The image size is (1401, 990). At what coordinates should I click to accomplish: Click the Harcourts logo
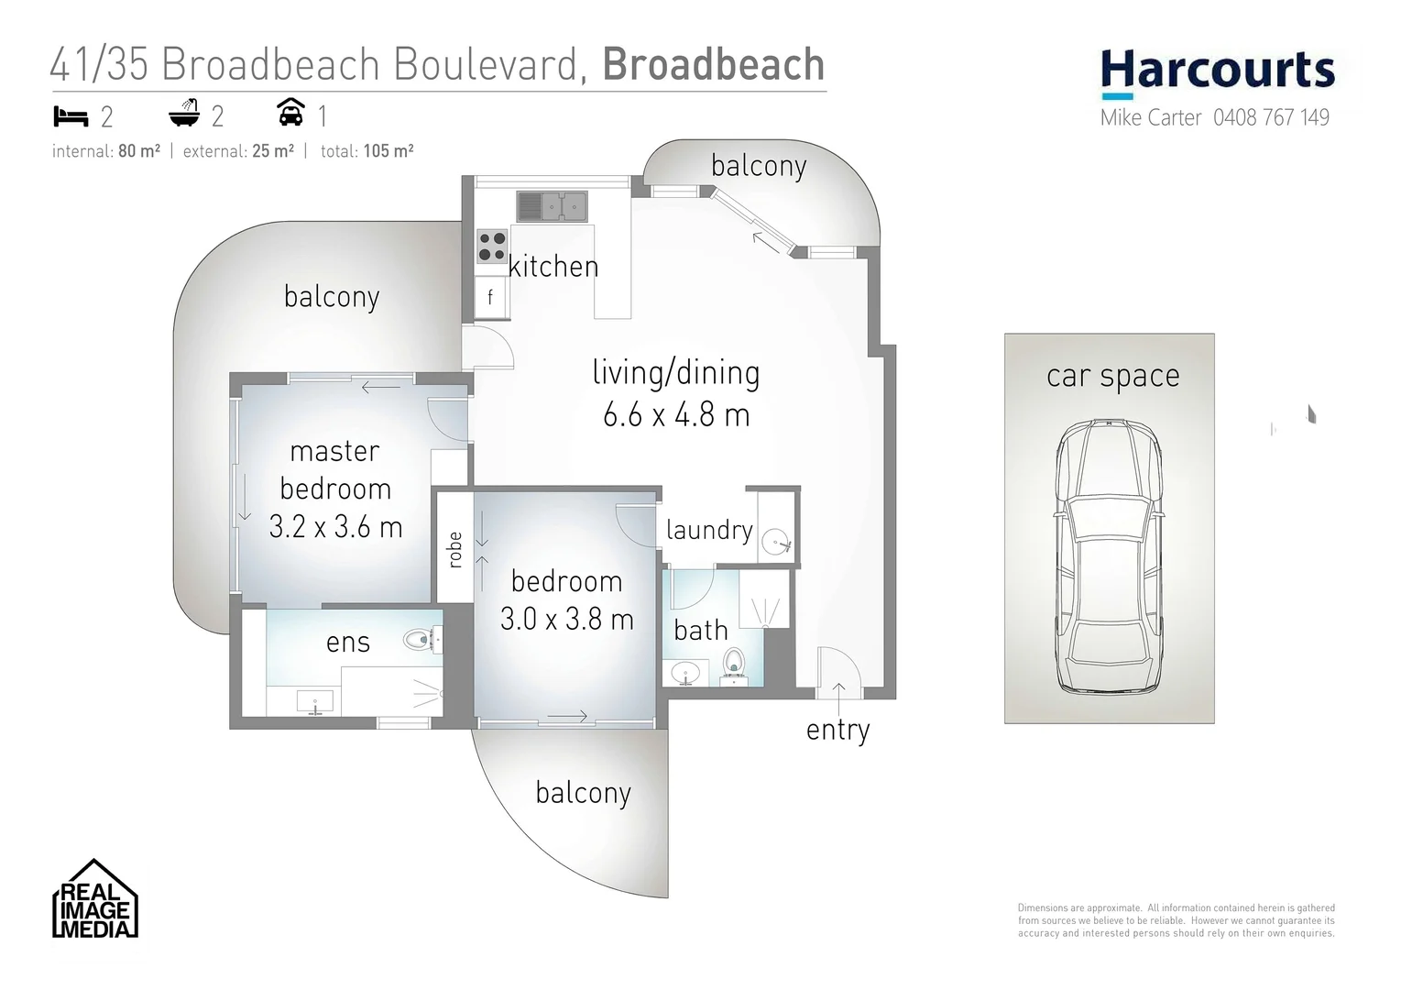(x=1217, y=72)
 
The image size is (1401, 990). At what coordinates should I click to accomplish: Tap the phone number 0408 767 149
(x=1271, y=117)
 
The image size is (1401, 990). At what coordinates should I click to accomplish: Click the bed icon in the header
(x=71, y=116)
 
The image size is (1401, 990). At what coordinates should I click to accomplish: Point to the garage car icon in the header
(x=290, y=113)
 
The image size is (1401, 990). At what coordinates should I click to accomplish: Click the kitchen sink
(x=551, y=206)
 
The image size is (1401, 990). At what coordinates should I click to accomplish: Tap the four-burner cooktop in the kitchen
(x=492, y=246)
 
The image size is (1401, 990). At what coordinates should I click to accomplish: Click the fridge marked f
(x=490, y=297)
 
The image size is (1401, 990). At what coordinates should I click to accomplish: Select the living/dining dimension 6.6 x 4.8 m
(x=676, y=415)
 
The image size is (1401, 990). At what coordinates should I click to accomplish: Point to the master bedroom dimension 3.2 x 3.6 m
(x=335, y=527)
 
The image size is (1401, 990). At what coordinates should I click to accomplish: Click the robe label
(x=454, y=550)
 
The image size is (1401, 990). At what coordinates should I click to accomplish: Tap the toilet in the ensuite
(x=422, y=639)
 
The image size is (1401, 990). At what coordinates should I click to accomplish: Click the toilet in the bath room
(x=734, y=661)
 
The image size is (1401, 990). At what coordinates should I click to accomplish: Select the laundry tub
(x=777, y=541)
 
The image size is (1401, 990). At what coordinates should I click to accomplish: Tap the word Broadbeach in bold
(x=714, y=64)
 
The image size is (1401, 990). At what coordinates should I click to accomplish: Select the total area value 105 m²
(x=389, y=151)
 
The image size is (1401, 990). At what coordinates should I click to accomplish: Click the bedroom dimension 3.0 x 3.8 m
(x=566, y=620)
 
